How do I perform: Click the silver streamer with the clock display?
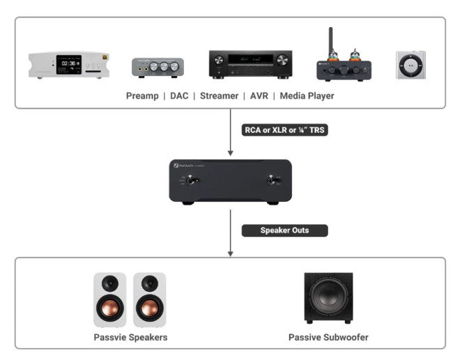click(x=69, y=65)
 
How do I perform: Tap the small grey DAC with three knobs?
click(x=158, y=67)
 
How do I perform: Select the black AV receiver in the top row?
click(x=249, y=64)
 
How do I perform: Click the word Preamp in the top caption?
click(x=142, y=96)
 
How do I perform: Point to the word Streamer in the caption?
click(x=220, y=96)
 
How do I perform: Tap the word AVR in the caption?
click(x=261, y=96)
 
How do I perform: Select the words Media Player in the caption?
click(x=307, y=96)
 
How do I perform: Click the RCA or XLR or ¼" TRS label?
click(x=284, y=130)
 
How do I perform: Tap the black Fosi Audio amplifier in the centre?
click(x=229, y=180)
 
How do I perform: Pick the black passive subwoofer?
click(x=328, y=298)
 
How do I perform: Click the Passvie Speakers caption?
click(x=130, y=338)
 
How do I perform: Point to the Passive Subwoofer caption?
click(x=328, y=338)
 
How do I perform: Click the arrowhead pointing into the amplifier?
click(x=229, y=152)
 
